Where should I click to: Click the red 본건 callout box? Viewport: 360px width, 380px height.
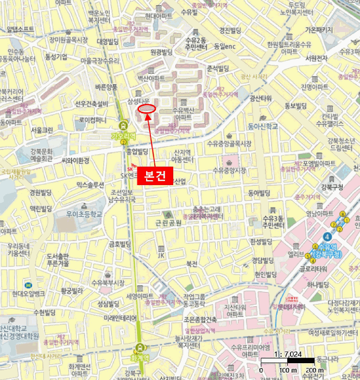tap(155, 176)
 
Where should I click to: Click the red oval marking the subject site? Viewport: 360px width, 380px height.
tap(147, 109)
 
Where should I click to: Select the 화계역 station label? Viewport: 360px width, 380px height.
tap(141, 358)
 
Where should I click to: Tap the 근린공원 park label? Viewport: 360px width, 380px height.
tap(168, 223)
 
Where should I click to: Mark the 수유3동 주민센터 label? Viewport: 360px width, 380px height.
tap(263, 221)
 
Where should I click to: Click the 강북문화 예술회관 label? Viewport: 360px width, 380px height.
tap(41, 154)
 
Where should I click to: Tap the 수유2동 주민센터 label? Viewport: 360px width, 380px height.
tap(194, 43)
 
